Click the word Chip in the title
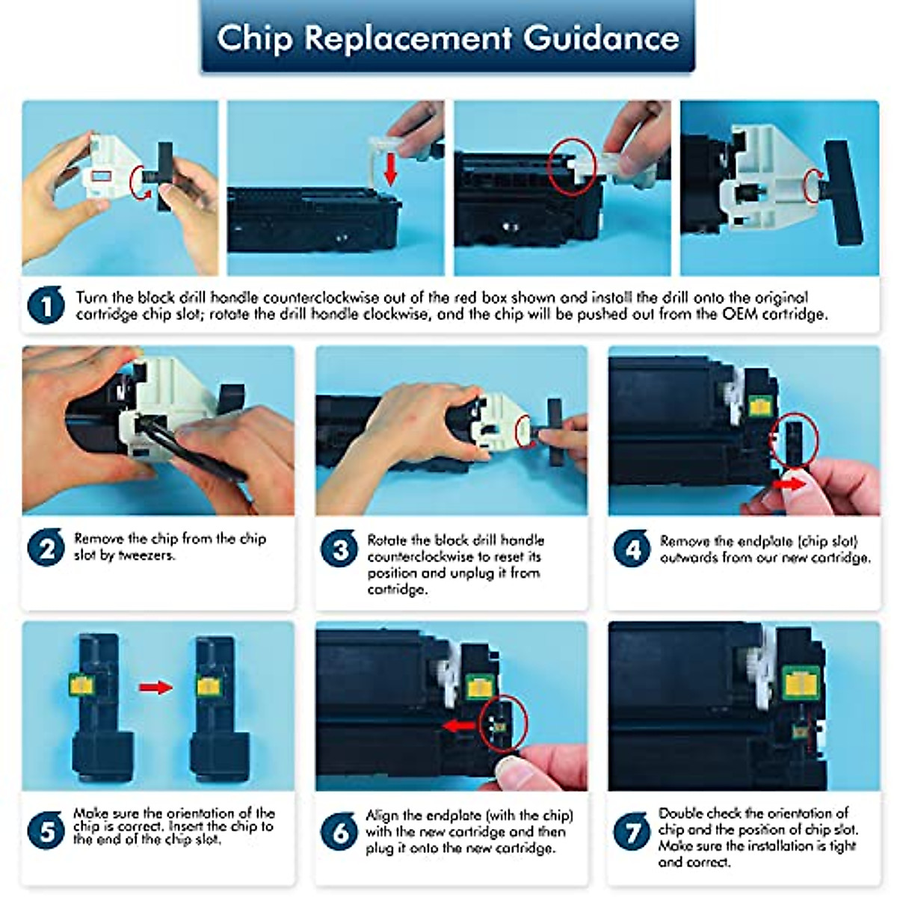pos(255,39)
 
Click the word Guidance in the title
pos(601,38)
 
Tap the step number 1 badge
pos(46,305)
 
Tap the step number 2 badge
pos(46,547)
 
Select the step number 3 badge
pos(339,548)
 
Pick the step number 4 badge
pos(632,548)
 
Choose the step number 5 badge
pos(46,830)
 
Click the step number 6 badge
pos(339,831)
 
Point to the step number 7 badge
pos(632,831)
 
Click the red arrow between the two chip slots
pos(155,687)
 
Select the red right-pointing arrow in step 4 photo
pos(789,484)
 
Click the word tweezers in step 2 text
pos(147,555)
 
